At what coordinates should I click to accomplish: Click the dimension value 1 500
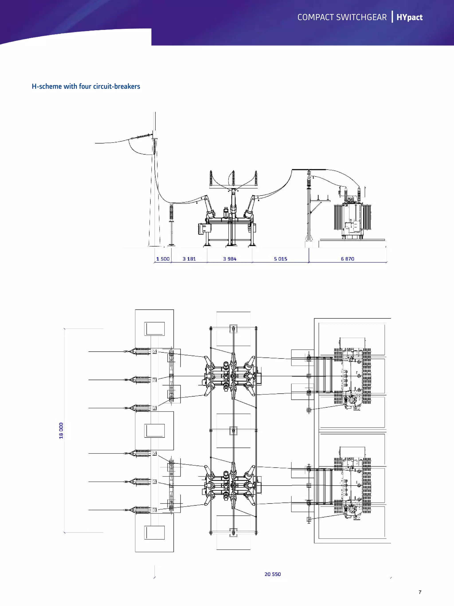163,259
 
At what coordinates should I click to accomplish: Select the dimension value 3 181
189,259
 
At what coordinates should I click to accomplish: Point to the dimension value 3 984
229,259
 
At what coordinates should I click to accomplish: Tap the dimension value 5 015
280,259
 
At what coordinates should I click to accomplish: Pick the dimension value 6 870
347,259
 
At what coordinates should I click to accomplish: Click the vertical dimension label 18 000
61,430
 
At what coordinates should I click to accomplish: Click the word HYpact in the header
409,17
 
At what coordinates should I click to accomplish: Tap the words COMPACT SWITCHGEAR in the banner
342,17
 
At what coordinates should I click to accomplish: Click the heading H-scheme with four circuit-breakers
86,86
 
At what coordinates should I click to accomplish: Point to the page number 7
420,592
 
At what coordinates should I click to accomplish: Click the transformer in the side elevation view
352,219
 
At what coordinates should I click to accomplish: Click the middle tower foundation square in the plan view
155,431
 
